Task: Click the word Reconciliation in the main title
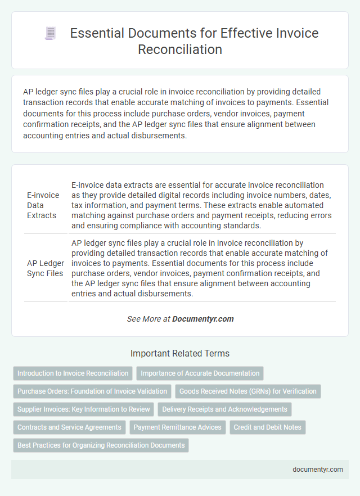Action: [x=179, y=49]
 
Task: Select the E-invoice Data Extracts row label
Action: [x=43, y=205]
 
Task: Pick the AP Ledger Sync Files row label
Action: [x=46, y=268]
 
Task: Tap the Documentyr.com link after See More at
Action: [x=202, y=319]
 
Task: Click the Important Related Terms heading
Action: [x=179, y=354]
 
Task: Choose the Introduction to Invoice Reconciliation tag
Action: [x=73, y=373]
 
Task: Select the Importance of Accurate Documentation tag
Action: [x=200, y=373]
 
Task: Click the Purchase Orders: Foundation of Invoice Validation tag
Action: [x=92, y=391]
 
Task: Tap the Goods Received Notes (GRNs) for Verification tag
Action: [x=247, y=391]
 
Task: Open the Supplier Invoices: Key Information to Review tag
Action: [x=84, y=409]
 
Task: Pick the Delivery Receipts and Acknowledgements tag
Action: [x=224, y=409]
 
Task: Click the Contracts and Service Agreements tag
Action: [x=69, y=427]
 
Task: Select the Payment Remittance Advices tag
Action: [x=177, y=427]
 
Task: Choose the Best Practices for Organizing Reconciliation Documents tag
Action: [x=101, y=445]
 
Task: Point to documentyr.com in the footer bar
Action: [x=318, y=470]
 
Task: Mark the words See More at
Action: [x=148, y=319]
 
